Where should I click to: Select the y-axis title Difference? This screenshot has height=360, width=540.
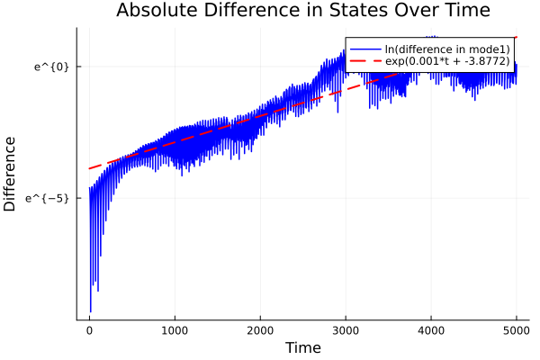[x=11, y=174]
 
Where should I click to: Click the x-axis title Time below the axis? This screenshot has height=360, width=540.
[x=302, y=347]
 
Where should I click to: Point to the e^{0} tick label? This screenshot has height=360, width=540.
[x=51, y=67]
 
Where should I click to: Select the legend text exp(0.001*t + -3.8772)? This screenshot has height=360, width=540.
[x=447, y=61]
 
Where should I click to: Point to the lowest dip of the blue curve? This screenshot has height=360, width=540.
[x=90, y=311]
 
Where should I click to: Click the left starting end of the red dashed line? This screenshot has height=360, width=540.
[x=89, y=168]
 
